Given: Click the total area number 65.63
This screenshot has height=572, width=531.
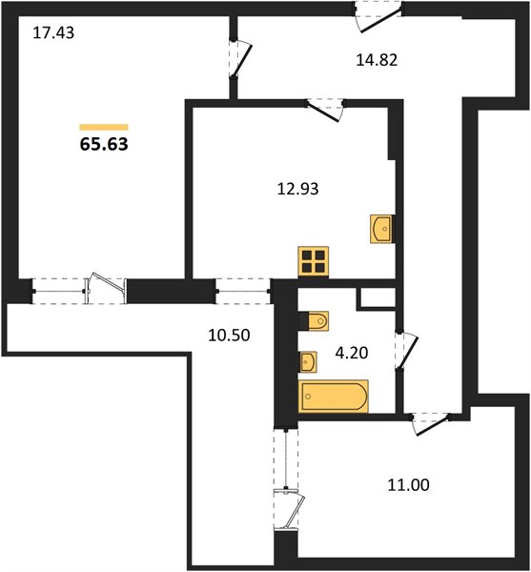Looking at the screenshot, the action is tap(104, 144).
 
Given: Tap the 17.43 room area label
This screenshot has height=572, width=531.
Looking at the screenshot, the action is tap(53, 32).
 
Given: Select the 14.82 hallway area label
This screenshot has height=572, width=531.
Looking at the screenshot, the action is tap(377, 60).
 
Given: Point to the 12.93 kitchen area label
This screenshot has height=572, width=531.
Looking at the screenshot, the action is tap(298, 189).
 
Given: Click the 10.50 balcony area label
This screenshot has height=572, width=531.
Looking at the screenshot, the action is tap(229, 336).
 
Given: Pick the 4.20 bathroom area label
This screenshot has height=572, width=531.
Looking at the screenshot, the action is tap(352, 353).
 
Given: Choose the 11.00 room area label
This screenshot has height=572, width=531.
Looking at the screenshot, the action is tap(408, 485).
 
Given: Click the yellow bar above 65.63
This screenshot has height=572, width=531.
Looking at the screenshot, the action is tap(104, 127).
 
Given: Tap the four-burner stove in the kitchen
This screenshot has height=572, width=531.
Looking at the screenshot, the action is tap(314, 262).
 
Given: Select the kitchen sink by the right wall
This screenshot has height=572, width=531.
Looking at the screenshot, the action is tap(382, 229).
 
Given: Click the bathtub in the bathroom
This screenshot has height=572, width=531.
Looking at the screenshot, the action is tap(334, 397).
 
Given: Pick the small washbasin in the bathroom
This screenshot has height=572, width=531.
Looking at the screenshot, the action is tap(308, 362).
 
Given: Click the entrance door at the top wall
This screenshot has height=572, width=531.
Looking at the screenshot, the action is tap(378, 16).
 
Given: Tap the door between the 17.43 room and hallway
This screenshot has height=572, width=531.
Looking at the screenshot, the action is tap(240, 59).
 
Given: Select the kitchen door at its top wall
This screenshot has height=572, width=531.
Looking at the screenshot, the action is tap(325, 110).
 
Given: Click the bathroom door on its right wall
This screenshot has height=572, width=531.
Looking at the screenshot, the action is tap(406, 351).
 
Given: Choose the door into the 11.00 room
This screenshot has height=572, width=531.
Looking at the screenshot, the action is tap(430, 424).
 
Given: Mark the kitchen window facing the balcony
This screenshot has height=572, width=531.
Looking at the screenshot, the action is tap(243, 291).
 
